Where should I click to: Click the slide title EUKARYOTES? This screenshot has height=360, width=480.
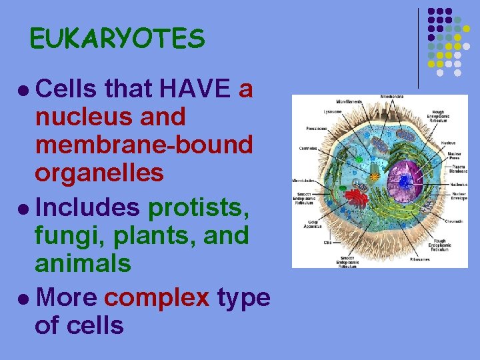pos(117,40)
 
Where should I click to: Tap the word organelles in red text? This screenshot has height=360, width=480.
pos(99,173)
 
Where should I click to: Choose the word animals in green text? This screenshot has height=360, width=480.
pos(83,263)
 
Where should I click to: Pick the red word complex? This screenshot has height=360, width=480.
pos(157,297)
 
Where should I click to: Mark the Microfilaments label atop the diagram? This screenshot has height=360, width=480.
pos(349,101)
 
